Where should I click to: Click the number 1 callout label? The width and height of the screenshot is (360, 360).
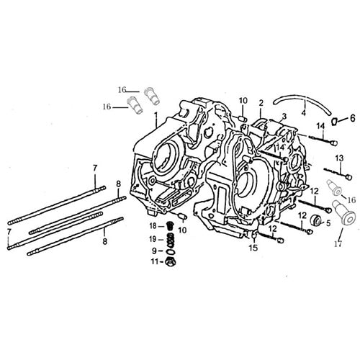click(x=156, y=114)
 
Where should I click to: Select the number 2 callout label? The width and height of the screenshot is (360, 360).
click(x=261, y=102)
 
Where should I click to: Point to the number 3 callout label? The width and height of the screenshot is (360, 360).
click(x=284, y=116)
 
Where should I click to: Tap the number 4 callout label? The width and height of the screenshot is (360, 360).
click(x=304, y=112)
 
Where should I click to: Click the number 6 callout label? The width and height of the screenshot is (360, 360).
click(x=352, y=117)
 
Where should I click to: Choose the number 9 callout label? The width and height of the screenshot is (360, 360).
click(x=153, y=250)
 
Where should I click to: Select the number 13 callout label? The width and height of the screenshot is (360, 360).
click(x=339, y=157)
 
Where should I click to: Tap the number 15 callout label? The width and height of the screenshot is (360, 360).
click(x=253, y=248)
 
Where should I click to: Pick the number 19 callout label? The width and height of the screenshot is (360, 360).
click(x=153, y=238)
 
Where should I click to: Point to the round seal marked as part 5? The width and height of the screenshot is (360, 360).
click(x=311, y=210)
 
